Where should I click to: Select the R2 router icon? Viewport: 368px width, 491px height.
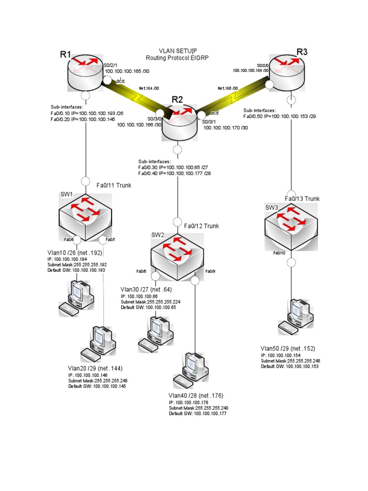[179, 122]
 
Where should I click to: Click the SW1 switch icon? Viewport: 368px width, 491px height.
[85, 216]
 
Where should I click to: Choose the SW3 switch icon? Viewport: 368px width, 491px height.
[291, 225]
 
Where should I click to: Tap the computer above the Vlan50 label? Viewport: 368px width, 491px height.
[297, 316]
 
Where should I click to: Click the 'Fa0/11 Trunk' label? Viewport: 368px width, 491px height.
[114, 185]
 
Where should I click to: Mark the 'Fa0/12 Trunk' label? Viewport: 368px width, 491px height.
[202, 226]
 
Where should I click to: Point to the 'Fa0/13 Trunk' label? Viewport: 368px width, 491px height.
[302, 199]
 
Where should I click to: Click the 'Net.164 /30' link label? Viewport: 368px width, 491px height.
[149, 89]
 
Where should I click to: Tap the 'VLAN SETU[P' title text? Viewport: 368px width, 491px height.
[178, 50]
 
